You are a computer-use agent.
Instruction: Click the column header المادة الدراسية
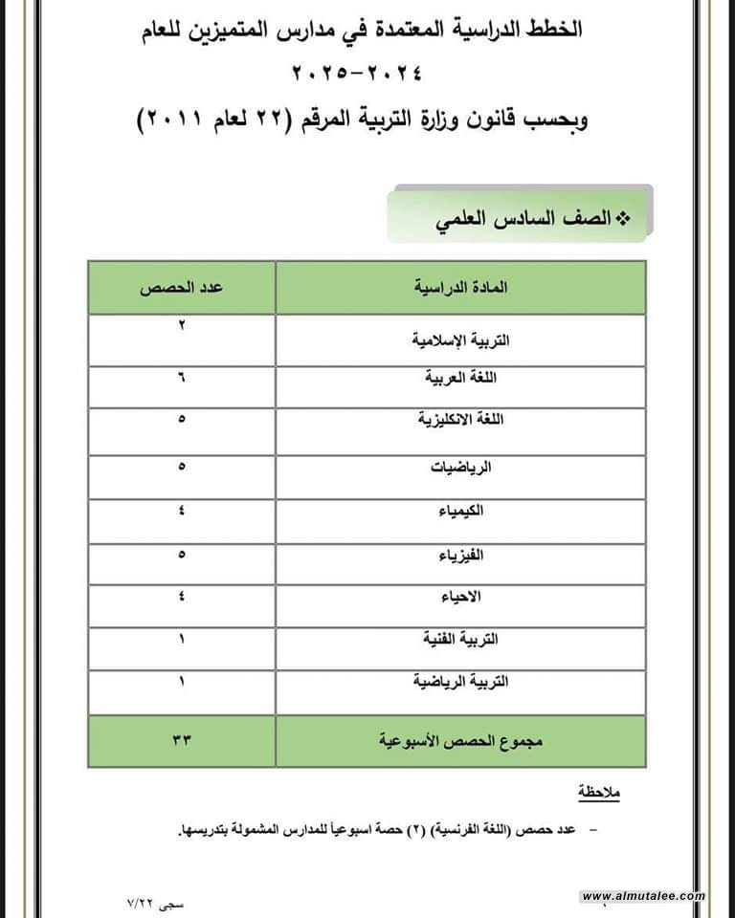tap(460, 287)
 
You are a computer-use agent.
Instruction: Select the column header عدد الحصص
tap(181, 287)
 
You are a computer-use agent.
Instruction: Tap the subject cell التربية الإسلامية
tap(460, 339)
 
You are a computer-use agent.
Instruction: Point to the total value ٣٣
tap(181, 741)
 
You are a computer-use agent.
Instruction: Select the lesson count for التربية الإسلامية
tap(181, 326)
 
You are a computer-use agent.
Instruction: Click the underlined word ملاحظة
tap(601, 793)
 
